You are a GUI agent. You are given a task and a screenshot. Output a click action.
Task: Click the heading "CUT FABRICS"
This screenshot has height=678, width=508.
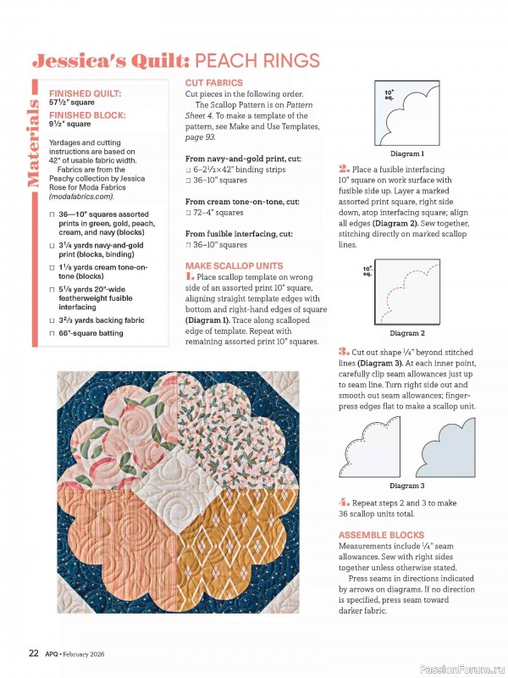click(213, 82)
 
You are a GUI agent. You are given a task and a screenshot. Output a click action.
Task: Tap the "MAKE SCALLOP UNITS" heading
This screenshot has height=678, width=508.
click(233, 265)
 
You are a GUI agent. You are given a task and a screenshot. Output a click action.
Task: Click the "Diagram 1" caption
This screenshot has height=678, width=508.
click(407, 154)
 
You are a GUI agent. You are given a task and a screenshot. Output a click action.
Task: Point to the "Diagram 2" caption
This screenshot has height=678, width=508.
click(407, 333)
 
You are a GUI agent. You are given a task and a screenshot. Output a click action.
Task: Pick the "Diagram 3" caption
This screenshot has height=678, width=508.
click(406, 486)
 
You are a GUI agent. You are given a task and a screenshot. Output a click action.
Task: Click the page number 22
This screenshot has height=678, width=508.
click(33, 653)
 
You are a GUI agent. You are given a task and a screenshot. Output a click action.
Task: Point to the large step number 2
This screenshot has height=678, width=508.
click(343, 169)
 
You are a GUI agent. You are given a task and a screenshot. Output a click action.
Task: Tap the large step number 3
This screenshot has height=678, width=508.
click(343, 351)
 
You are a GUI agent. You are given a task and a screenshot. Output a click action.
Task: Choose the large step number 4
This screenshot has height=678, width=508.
click(343, 502)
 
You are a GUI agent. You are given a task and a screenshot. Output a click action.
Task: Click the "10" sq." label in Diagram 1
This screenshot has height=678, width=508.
click(389, 93)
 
